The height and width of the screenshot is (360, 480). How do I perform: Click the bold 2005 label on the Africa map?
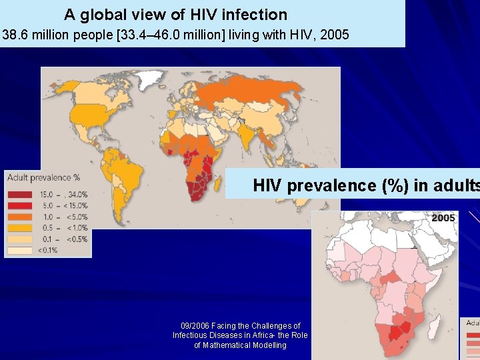click(x=443, y=218)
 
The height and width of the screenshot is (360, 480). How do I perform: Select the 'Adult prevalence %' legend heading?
click(x=44, y=177)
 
